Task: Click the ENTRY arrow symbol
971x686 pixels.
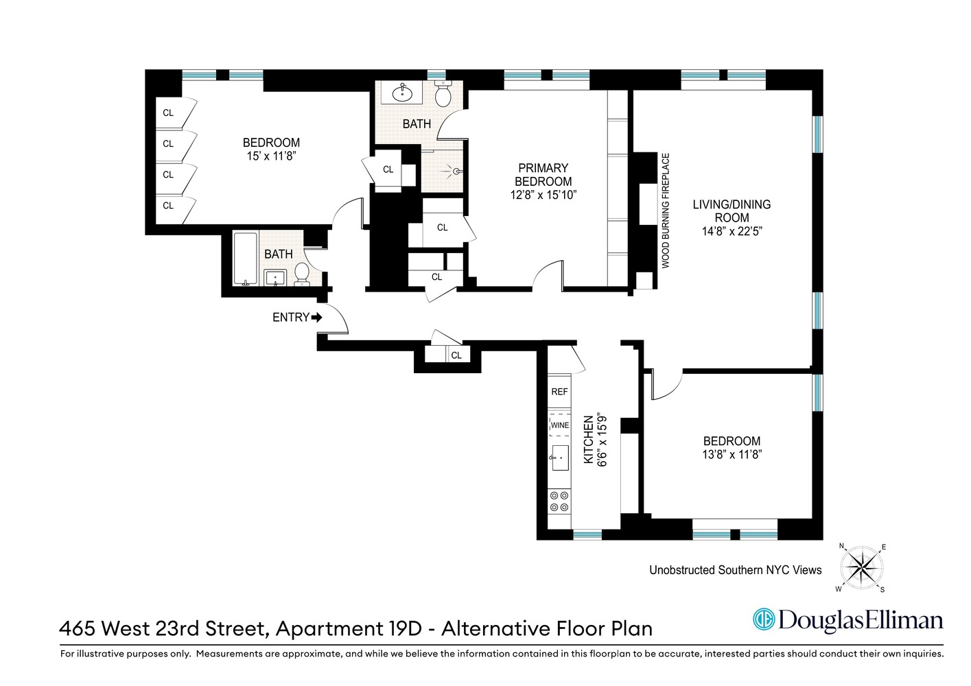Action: [316, 318]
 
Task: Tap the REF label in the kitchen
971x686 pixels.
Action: [559, 392]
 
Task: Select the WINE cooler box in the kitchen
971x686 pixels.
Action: [559, 425]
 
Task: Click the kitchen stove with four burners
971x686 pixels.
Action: [559, 501]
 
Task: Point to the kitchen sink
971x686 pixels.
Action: [559, 458]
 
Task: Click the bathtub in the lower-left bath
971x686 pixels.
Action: [245, 259]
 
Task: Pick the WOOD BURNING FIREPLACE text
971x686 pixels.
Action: [665, 211]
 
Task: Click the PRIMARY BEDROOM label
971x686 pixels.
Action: [543, 175]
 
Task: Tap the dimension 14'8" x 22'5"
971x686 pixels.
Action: [732, 232]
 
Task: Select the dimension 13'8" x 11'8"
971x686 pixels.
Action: [732, 454]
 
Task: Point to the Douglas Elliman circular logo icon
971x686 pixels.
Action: [763, 619]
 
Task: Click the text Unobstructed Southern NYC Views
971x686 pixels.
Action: [735, 570]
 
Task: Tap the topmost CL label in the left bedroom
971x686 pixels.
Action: [168, 113]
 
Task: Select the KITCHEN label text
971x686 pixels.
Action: [588, 440]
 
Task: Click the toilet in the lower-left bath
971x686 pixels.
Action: [301, 275]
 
